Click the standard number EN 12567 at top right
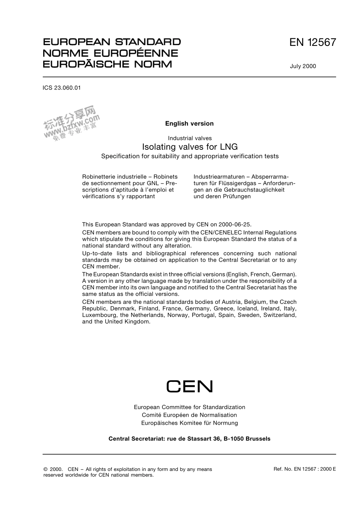tap(312, 42)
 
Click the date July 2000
tap(303, 66)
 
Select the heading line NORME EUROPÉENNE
tap(110, 53)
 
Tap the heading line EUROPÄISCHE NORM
tap(107, 64)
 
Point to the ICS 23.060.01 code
tap(62, 88)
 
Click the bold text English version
tap(189, 123)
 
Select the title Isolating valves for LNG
tap(189, 147)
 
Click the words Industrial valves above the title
tap(189, 138)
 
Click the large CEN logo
tap(189, 386)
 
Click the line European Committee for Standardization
tap(189, 407)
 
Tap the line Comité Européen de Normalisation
tap(189, 415)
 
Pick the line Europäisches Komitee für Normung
tap(189, 423)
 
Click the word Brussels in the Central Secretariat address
tap(258, 439)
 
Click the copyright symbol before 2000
tap(46, 469)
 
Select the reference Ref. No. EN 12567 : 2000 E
tap(305, 469)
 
